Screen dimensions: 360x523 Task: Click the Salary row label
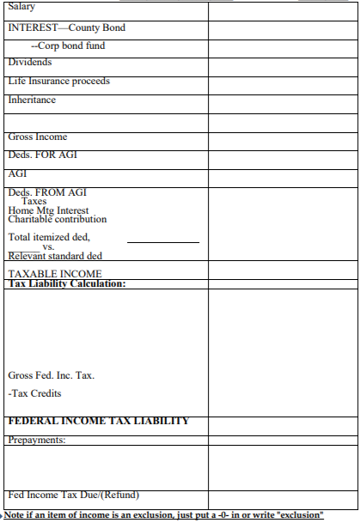click(x=23, y=7)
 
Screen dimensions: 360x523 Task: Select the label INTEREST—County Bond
click(x=66, y=27)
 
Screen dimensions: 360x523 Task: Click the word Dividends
click(x=30, y=63)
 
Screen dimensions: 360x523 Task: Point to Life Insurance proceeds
click(x=58, y=82)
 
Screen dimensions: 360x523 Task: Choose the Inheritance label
click(x=32, y=100)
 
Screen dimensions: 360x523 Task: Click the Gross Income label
click(x=37, y=137)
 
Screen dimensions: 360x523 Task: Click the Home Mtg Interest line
click(x=48, y=210)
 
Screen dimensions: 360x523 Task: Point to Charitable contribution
click(x=58, y=219)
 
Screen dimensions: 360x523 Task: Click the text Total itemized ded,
click(x=49, y=237)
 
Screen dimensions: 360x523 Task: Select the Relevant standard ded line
click(x=56, y=256)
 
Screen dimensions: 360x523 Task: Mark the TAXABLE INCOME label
click(x=54, y=275)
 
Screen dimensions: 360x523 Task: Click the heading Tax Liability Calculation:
click(x=66, y=283)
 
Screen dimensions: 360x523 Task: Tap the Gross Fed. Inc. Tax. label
click(x=52, y=375)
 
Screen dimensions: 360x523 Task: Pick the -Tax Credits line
click(x=34, y=393)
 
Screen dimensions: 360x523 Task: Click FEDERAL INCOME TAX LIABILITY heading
click(x=98, y=421)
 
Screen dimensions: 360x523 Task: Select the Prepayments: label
click(x=37, y=440)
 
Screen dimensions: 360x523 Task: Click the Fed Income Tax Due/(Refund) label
click(x=73, y=495)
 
